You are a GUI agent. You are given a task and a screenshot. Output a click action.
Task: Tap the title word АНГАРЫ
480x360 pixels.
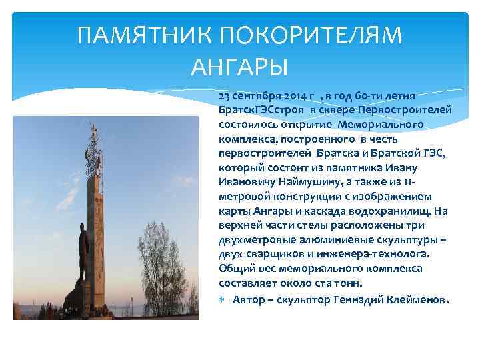pos(239,67)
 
